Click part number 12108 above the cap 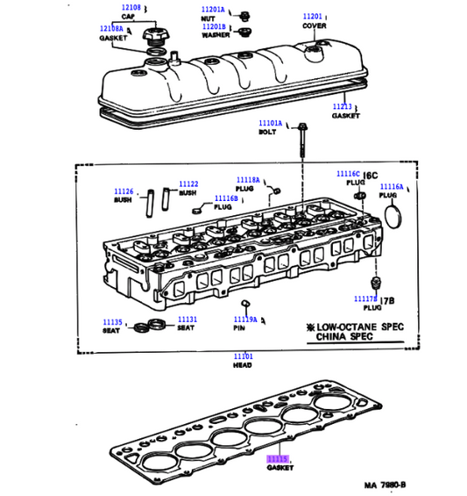(130, 8)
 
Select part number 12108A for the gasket (111, 29)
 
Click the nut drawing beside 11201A (244, 14)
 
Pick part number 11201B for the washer (215, 27)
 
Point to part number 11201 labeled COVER (313, 16)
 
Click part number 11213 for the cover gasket (342, 106)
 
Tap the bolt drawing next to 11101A (301, 140)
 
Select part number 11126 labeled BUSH (123, 191)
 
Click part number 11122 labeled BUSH (188, 184)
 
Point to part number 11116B (226, 198)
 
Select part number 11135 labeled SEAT (111, 320)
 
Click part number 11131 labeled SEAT (187, 320)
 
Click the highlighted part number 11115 (278, 459)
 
